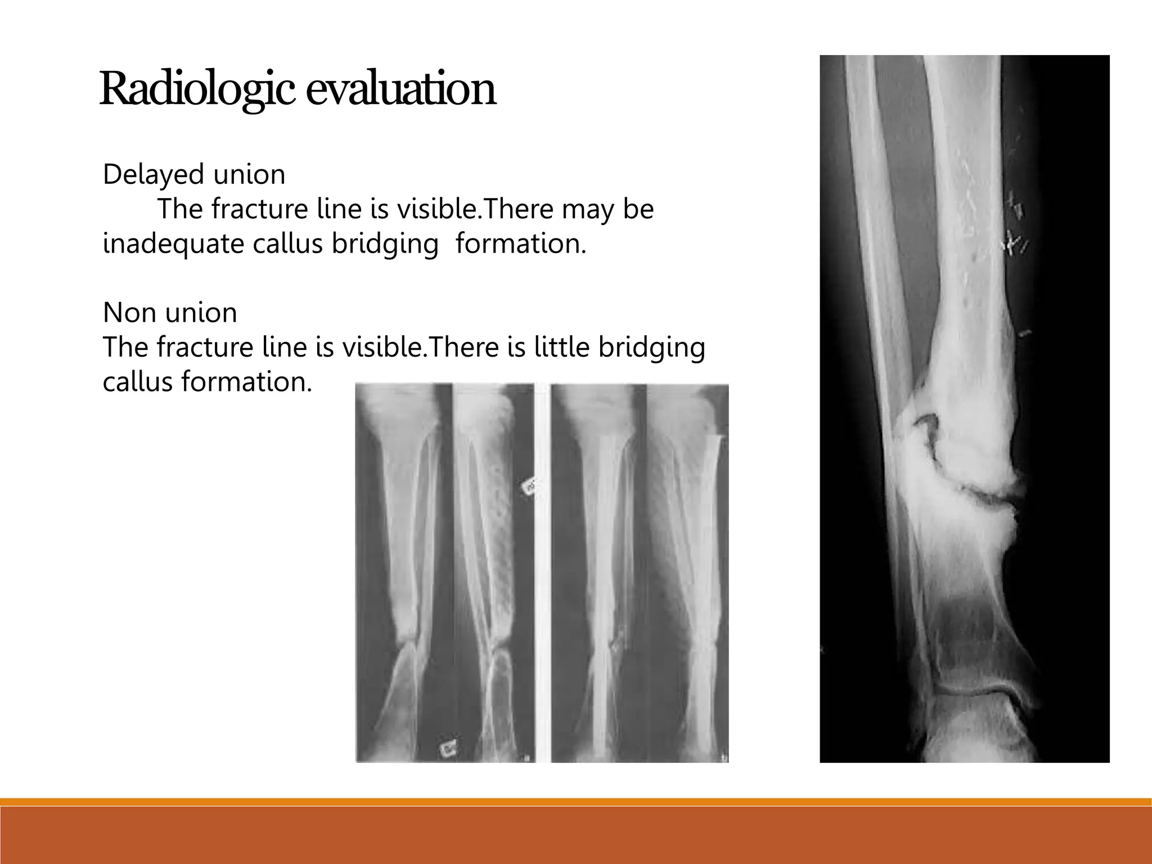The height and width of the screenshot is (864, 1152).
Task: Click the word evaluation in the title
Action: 400,89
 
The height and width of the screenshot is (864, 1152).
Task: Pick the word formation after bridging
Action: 521,244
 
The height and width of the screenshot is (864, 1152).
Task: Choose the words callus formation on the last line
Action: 206,382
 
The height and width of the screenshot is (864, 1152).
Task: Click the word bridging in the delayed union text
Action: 385,244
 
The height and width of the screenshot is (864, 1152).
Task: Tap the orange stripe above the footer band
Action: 576,802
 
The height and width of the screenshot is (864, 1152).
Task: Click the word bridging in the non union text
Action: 651,347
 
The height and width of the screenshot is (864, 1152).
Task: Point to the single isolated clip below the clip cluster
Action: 1025,333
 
